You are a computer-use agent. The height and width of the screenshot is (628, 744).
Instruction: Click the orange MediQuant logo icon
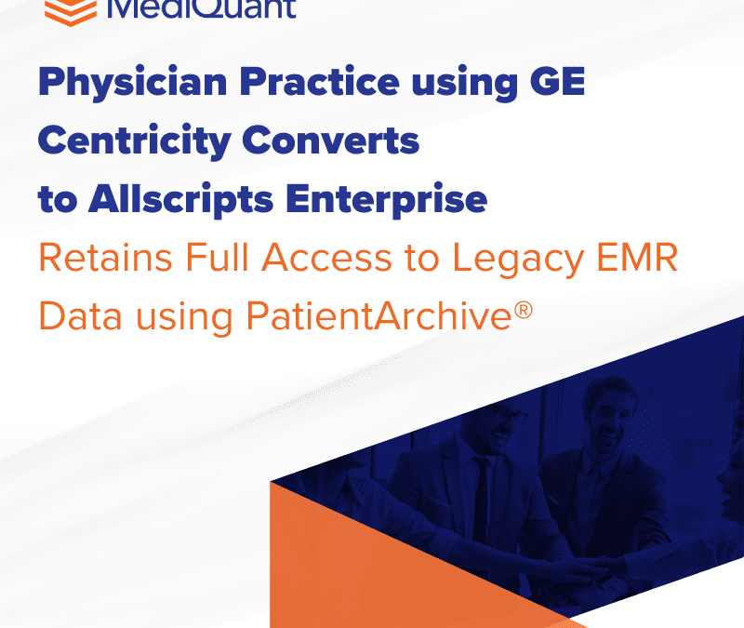tap(71, 10)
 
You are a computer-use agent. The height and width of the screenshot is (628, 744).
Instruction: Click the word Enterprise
tap(399, 198)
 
